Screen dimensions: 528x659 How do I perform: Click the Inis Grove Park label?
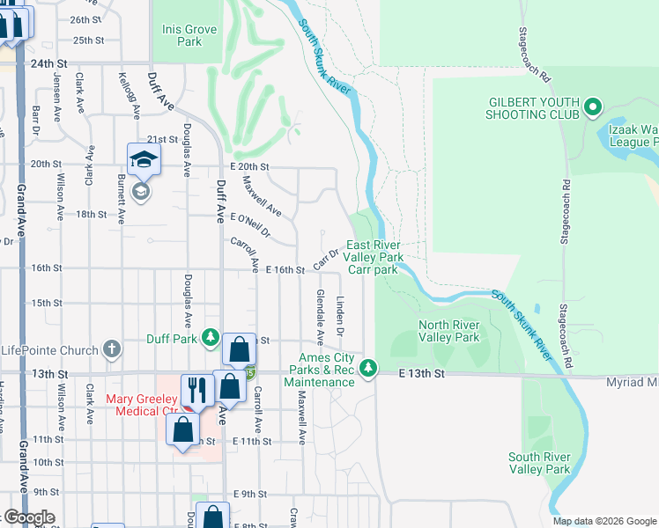point(189,35)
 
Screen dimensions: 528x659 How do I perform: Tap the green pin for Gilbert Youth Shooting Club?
point(593,108)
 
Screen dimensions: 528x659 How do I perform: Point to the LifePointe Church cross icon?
point(111,349)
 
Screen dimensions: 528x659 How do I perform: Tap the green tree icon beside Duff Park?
point(210,336)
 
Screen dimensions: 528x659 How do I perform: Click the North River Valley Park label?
point(448,331)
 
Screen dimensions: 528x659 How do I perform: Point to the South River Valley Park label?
point(539,463)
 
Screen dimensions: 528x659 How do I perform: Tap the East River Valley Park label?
point(374,251)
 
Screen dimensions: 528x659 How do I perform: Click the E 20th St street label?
point(249,165)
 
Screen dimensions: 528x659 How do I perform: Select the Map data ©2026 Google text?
point(603,521)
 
